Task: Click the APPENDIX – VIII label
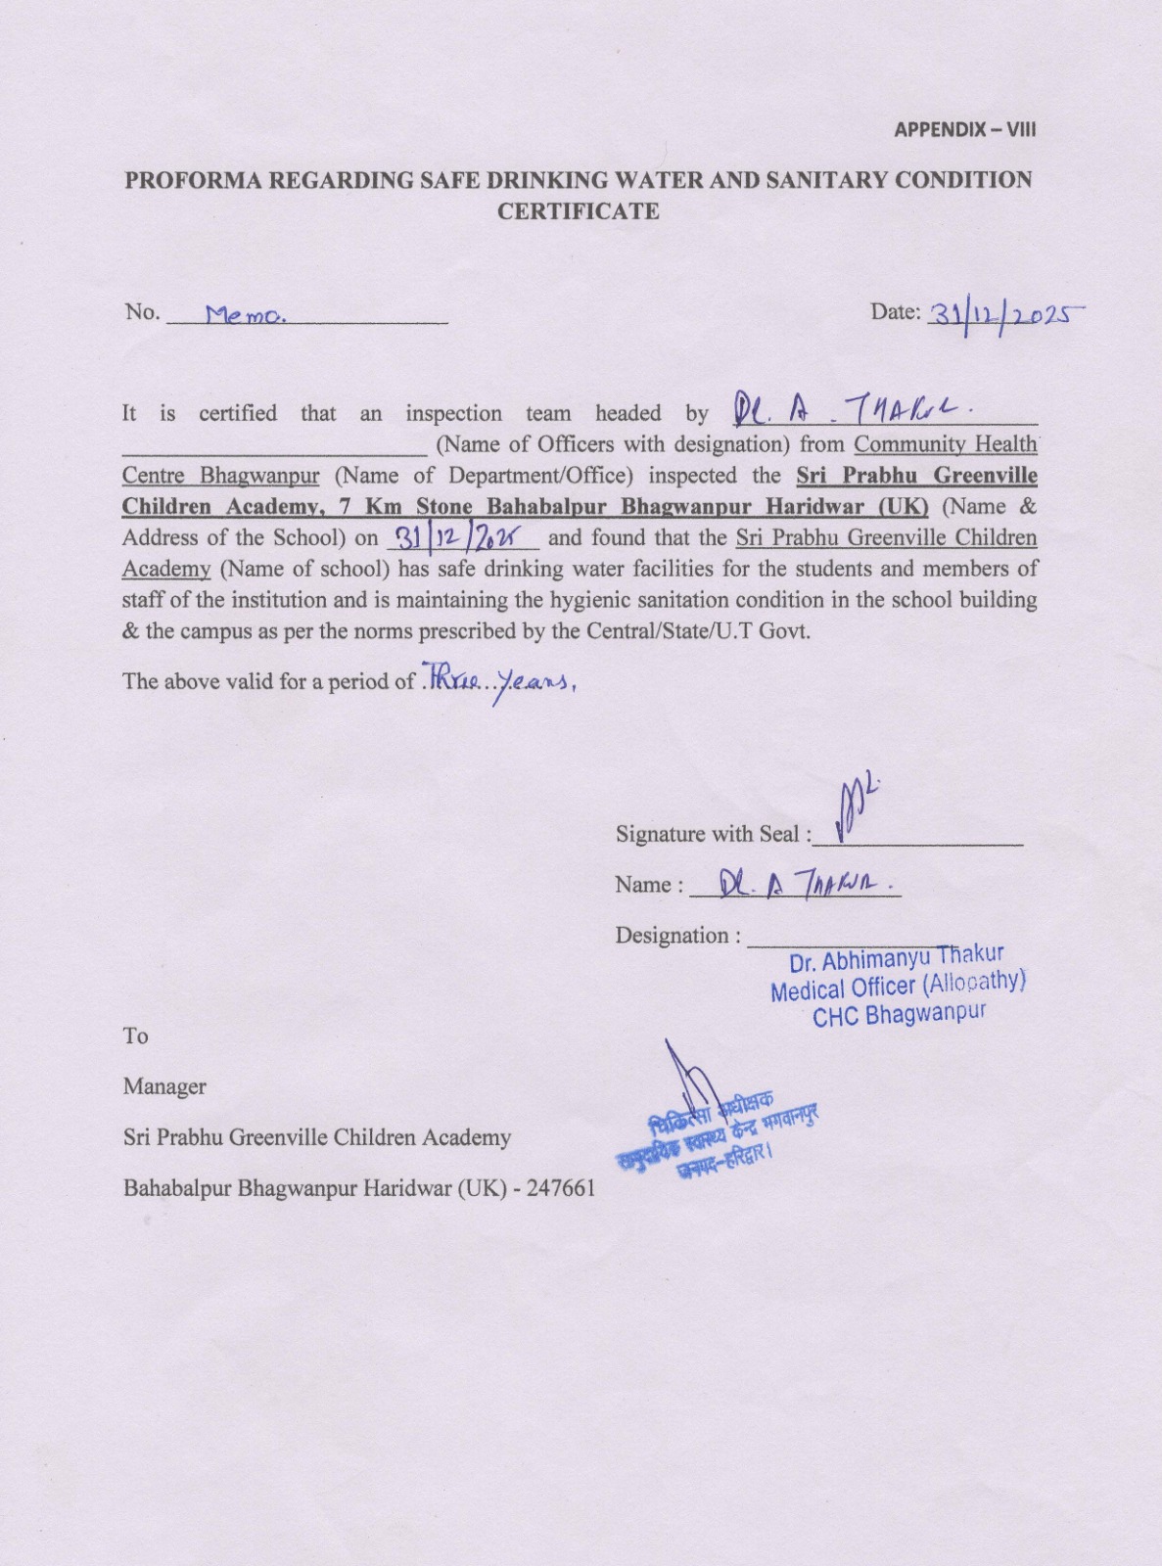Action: (x=964, y=129)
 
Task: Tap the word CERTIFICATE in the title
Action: (x=578, y=211)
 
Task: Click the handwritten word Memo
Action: (x=245, y=315)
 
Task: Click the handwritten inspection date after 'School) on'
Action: (x=462, y=536)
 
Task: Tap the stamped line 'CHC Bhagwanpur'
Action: (x=899, y=1014)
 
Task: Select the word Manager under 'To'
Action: (x=164, y=1086)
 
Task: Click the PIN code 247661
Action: (x=561, y=1188)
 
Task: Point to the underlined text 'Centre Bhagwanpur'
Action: (x=220, y=476)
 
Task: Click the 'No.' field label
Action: (x=142, y=312)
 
